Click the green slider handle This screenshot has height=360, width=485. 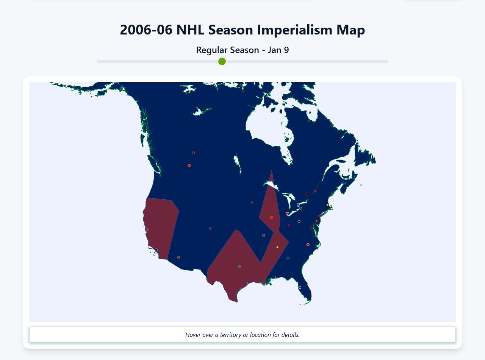(222, 61)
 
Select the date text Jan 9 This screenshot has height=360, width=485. (278, 50)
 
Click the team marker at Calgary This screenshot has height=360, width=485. (189, 165)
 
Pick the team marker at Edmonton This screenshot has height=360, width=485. (193, 153)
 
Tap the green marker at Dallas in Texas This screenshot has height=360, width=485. (239, 266)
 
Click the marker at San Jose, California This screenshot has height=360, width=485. (147, 230)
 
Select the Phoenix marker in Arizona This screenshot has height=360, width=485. (179, 257)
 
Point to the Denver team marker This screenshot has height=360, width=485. (210, 229)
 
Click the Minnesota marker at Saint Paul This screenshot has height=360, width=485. (252, 202)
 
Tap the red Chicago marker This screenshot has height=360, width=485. (271, 218)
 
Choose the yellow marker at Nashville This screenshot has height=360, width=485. (277, 247)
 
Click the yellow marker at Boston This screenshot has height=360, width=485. (327, 205)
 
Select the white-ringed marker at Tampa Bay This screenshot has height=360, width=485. (300, 287)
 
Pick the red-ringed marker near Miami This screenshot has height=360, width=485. (310, 295)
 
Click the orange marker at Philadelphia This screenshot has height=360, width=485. (316, 221)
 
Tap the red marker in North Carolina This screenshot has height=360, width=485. (308, 245)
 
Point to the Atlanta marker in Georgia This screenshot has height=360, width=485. (288, 259)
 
